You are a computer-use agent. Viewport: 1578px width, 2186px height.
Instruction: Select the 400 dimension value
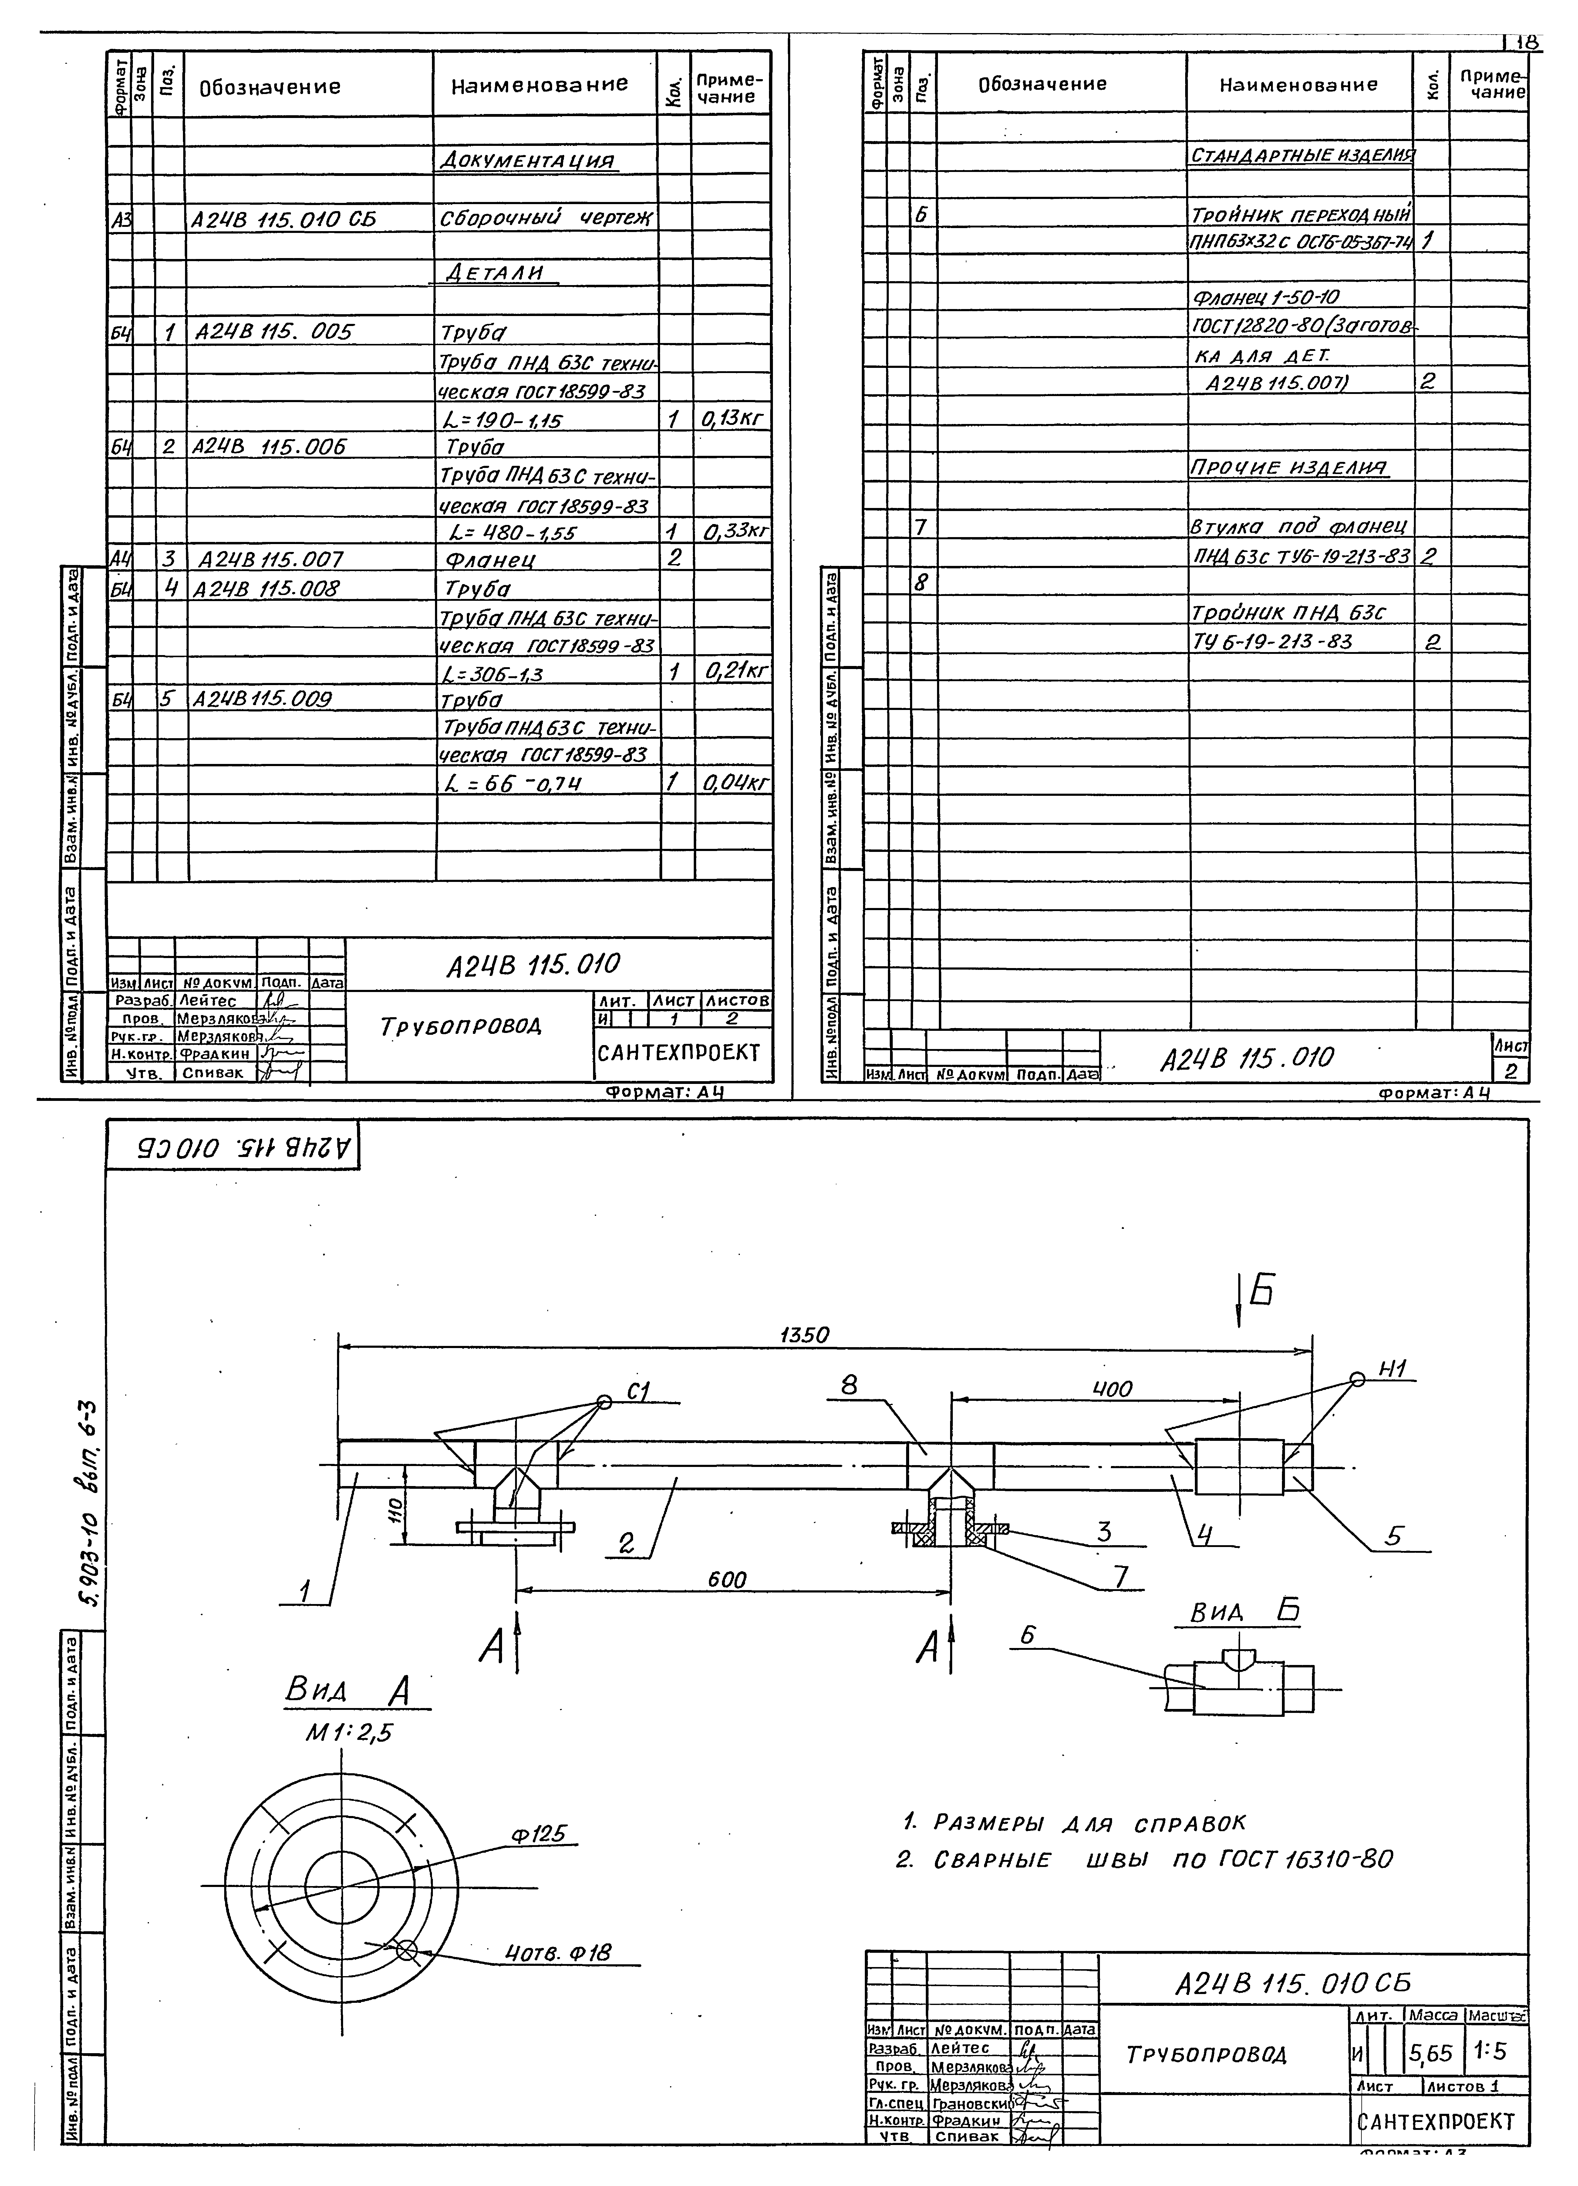point(1111,1389)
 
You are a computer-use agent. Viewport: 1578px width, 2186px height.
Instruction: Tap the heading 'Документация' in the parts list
point(526,160)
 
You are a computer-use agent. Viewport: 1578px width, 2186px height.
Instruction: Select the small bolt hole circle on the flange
point(406,1950)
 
